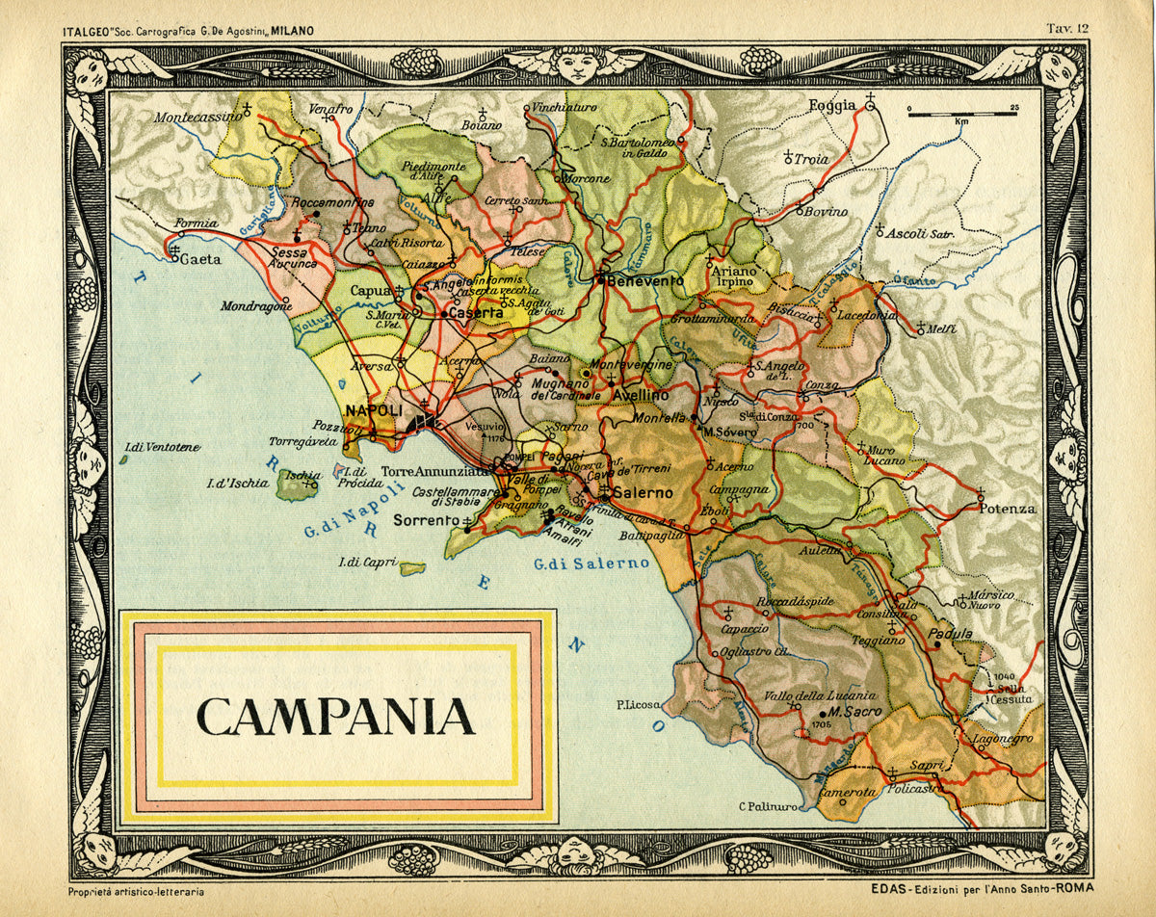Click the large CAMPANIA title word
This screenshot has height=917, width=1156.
(335, 716)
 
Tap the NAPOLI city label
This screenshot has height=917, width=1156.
(374, 410)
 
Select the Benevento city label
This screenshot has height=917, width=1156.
(645, 280)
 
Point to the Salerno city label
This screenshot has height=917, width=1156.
(642, 493)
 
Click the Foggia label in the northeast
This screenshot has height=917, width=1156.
(832, 105)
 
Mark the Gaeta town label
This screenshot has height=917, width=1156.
(201, 259)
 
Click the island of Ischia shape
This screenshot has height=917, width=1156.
(296, 486)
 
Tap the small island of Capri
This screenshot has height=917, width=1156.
(413, 568)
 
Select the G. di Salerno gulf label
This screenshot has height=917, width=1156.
(591, 563)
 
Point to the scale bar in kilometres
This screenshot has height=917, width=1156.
(962, 115)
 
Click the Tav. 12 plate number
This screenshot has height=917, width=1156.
(1067, 29)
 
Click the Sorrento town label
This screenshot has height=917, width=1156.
(426, 520)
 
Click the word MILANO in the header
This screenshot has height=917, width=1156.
(292, 31)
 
